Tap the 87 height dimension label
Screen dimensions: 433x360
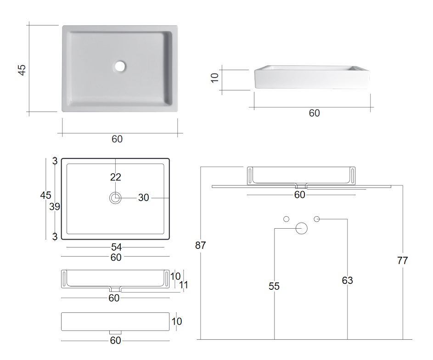tap(201, 245)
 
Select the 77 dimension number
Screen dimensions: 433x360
tap(402, 260)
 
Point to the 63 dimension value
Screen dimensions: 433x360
tap(348, 281)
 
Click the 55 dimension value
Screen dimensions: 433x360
tap(274, 286)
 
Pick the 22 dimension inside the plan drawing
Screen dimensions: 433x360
tap(115, 177)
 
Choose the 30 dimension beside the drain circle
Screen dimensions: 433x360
tap(144, 197)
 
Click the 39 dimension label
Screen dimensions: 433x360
tap(55, 207)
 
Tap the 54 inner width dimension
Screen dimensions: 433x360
tap(116, 247)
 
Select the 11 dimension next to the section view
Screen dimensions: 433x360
tap(184, 285)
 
